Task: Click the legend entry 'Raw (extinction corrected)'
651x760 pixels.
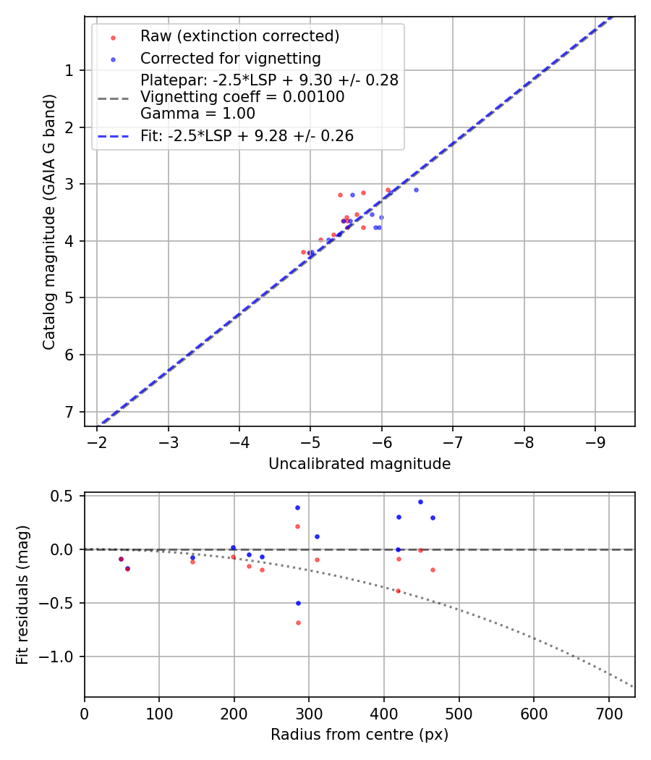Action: [239, 36]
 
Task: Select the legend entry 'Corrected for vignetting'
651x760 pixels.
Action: [230, 58]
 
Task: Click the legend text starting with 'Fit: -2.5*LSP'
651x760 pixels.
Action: [247, 136]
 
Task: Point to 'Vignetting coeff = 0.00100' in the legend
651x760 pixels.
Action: [242, 97]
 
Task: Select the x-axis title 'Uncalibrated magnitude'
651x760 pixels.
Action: [359, 464]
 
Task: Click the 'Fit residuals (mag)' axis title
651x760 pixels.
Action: [22, 595]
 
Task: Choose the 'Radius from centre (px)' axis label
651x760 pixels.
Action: [359, 735]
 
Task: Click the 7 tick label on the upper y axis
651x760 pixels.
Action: [69, 412]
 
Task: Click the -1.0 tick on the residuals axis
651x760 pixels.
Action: [59, 656]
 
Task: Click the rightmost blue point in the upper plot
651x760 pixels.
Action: [416, 190]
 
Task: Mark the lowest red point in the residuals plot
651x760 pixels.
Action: [297, 622]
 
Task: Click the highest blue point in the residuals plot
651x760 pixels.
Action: [420, 502]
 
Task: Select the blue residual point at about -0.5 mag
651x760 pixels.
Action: [297, 603]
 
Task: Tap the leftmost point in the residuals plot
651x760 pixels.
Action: [121, 559]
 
